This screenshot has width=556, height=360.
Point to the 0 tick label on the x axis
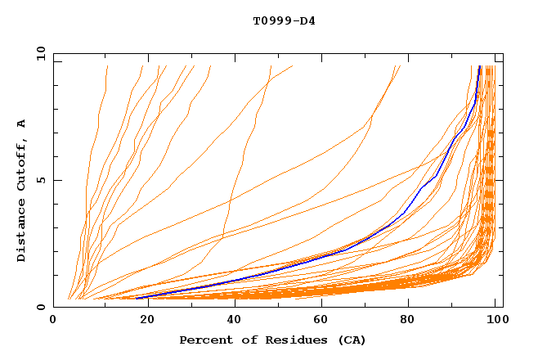point(54,321)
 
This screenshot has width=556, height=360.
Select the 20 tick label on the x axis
point(142,321)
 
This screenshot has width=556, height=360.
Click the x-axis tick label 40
point(231,321)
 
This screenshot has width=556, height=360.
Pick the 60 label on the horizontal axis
point(319,321)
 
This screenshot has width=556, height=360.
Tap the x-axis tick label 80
point(407,321)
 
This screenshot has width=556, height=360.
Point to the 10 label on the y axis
point(38,53)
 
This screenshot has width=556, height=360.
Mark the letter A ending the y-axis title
point(21,124)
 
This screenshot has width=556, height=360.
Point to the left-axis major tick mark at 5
point(56,180)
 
